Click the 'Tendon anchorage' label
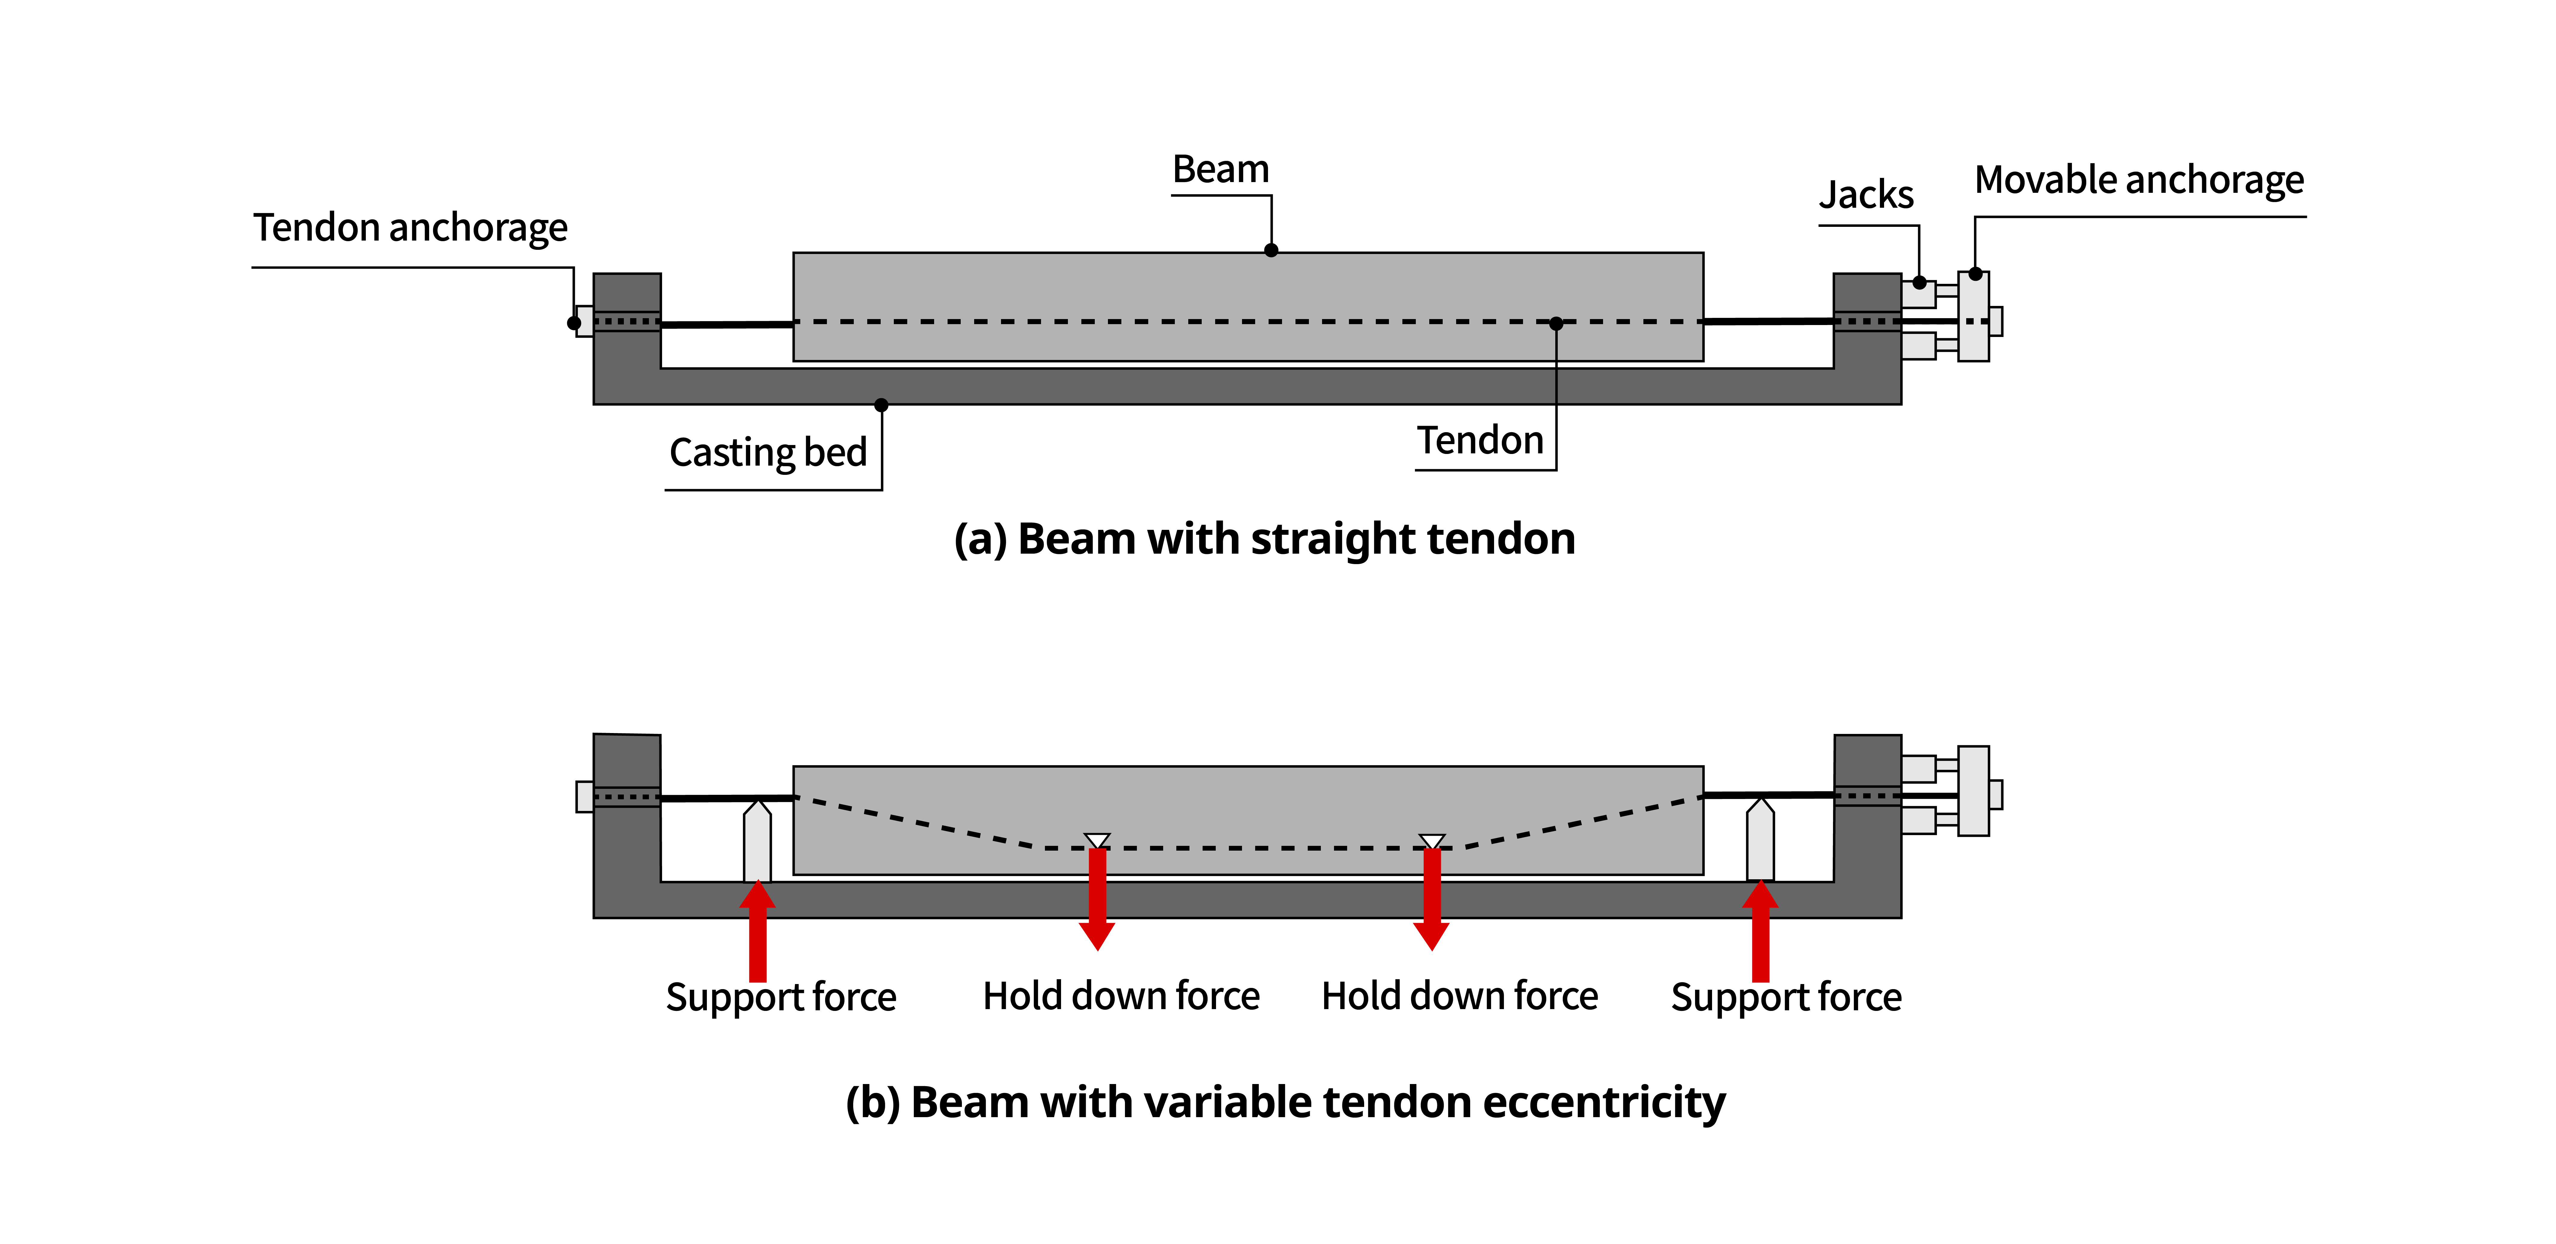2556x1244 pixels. click(410, 228)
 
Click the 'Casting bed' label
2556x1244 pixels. click(768, 452)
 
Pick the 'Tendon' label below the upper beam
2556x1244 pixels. click(1479, 441)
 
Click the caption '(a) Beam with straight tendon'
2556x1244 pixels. click(1264, 539)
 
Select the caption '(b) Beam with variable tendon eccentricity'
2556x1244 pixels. click(1285, 1102)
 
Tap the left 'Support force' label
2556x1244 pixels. click(781, 997)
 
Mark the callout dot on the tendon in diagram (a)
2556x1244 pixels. click(1556, 324)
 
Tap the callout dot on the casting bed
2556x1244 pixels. click(881, 405)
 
